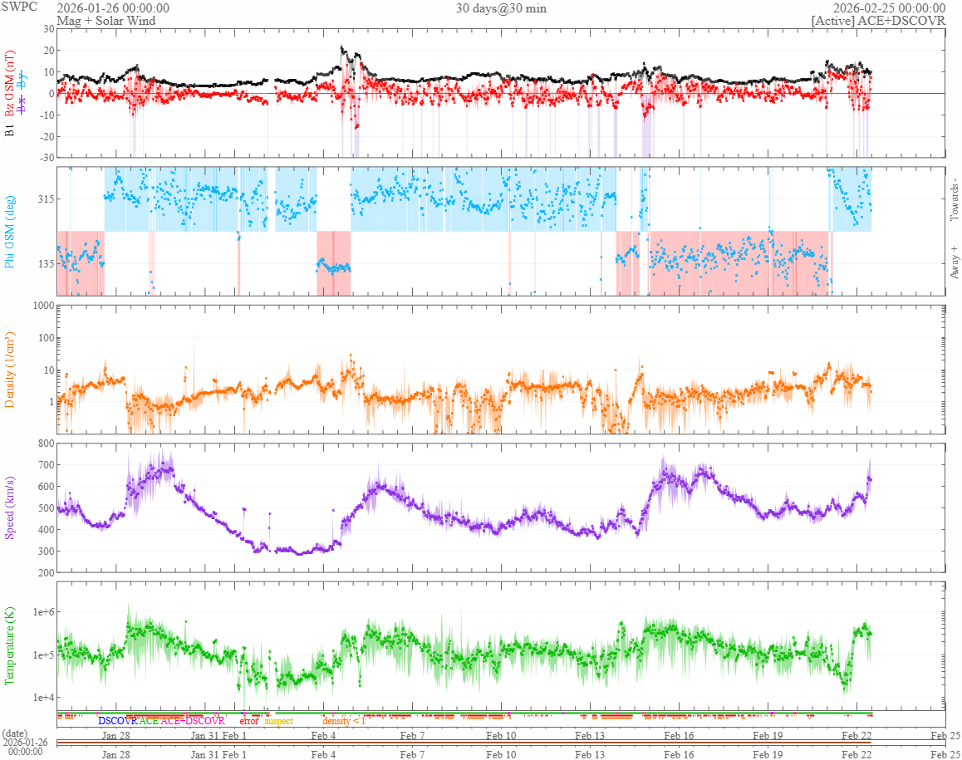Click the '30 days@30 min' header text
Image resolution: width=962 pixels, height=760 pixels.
[x=501, y=8]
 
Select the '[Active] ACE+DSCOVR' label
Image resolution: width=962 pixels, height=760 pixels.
[x=878, y=21]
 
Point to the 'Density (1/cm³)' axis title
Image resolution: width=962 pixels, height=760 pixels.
[x=11, y=370]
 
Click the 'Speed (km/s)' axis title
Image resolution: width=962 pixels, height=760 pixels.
[x=11, y=507]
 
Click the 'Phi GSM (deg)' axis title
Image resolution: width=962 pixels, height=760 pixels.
[x=11, y=231]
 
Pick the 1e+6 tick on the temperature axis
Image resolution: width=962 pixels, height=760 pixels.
[x=42, y=612]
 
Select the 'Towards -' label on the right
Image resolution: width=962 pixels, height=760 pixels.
[x=954, y=200]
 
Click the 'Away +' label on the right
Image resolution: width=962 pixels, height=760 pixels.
[x=954, y=262]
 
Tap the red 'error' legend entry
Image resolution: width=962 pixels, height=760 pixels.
[x=248, y=721]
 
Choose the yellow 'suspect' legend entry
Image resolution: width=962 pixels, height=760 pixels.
[x=278, y=721]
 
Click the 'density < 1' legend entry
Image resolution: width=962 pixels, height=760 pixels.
[x=344, y=721]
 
